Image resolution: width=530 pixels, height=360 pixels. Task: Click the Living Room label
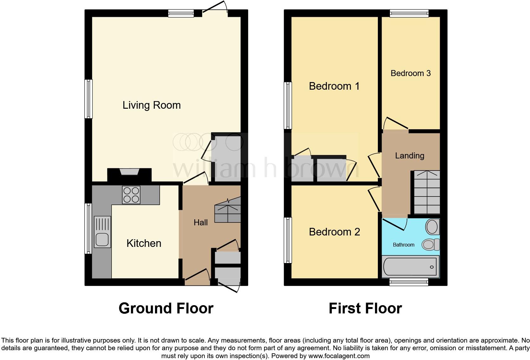[x=152, y=105]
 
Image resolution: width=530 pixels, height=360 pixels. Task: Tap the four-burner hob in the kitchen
[x=131, y=195]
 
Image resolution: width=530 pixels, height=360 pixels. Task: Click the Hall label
[x=201, y=222]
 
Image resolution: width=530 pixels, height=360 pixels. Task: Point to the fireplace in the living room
[x=130, y=174]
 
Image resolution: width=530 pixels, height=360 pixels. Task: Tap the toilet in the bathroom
[x=430, y=244]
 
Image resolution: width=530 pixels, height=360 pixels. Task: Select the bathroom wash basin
[x=432, y=227]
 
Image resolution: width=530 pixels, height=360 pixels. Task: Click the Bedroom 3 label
[x=410, y=73]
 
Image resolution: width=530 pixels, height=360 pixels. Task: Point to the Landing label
[x=410, y=156]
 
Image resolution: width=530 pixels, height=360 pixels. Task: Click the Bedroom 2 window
[x=288, y=240]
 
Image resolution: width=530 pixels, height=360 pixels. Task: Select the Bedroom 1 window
[x=288, y=105]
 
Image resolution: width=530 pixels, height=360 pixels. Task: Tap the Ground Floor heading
[x=166, y=308]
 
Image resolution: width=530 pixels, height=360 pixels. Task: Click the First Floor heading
[x=365, y=308]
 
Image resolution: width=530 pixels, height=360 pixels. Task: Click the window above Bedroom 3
[x=409, y=13]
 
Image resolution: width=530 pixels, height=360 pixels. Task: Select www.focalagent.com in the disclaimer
[x=339, y=356]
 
